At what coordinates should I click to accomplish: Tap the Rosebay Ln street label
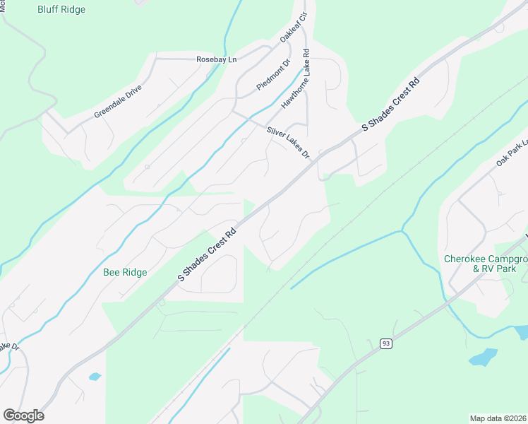tap(216, 59)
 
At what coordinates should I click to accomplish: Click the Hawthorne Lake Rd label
tap(296, 78)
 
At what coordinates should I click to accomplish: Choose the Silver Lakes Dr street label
tap(288, 142)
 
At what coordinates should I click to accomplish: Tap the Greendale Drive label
tap(118, 102)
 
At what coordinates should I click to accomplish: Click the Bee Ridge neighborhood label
tap(125, 272)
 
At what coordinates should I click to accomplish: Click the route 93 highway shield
tap(385, 343)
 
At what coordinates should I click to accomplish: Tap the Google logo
tap(23, 416)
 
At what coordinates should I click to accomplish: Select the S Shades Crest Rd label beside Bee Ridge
tap(206, 254)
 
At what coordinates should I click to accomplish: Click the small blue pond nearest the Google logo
tap(95, 377)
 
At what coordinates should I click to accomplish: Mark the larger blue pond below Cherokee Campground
tap(483, 358)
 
